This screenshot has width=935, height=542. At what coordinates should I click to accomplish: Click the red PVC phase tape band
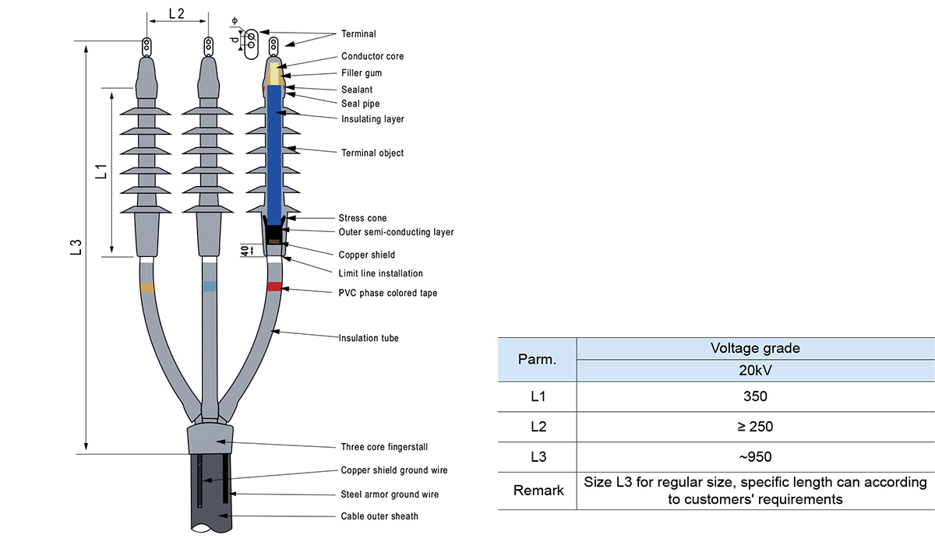(x=273, y=287)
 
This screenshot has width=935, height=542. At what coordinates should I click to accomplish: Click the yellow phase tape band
(x=147, y=287)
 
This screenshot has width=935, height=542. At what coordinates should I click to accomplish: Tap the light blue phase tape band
(x=209, y=287)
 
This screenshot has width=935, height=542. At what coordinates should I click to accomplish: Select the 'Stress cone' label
(x=362, y=218)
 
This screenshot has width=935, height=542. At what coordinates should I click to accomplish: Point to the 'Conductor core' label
(x=372, y=56)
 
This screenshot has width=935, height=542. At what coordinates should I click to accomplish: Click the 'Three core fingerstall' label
(x=384, y=447)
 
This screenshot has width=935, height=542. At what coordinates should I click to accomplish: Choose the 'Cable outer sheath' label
(x=379, y=516)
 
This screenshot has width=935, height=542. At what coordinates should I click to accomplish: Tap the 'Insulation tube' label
(x=369, y=338)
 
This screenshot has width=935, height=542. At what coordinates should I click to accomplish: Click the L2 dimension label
(x=177, y=14)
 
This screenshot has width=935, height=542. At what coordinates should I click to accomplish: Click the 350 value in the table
(x=755, y=396)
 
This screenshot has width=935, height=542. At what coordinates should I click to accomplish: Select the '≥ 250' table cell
(x=755, y=427)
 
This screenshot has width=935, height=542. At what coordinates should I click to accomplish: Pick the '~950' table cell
(x=755, y=457)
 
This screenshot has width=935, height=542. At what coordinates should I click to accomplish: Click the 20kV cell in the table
(x=755, y=370)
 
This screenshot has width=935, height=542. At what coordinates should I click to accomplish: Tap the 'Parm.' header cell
(x=538, y=359)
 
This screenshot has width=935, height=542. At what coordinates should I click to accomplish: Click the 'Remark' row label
(x=538, y=491)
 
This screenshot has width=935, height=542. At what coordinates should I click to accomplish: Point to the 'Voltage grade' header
(x=755, y=348)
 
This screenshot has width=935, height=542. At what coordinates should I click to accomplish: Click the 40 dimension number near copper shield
(x=245, y=251)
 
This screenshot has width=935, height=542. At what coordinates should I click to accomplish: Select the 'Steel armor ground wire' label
(x=390, y=494)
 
